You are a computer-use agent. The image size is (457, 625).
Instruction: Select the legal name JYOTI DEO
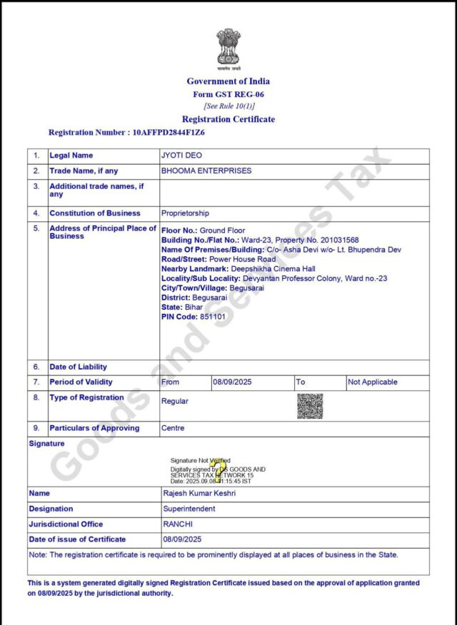181,156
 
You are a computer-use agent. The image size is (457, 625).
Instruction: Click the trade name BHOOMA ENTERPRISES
206,171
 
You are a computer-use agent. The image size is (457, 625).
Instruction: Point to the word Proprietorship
186,213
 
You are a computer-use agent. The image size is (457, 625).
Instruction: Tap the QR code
310,405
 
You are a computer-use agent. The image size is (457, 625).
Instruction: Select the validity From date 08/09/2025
233,382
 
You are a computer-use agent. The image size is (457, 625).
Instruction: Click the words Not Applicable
373,382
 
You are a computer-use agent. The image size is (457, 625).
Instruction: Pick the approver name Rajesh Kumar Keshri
200,494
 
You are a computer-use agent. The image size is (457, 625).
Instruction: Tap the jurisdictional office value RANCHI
179,524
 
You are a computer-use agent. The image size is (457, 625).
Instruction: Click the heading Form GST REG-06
228,94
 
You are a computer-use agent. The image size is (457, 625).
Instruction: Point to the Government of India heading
228,81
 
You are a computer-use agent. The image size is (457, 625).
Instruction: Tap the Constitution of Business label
95,213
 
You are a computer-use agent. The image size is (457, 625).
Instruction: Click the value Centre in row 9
173,429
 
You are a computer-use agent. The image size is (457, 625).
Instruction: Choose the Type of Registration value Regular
175,402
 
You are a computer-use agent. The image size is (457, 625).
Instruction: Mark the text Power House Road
242,260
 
